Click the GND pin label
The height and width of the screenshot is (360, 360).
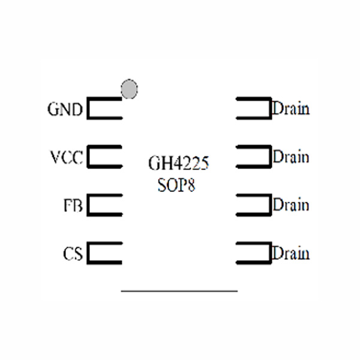pos(65,110)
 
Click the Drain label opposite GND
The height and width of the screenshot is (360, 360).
pos(291,109)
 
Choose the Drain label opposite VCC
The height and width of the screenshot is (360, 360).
pos(291,157)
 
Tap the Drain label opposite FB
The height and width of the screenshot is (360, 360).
pos(291,205)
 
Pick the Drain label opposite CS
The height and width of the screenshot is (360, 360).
pos(291,253)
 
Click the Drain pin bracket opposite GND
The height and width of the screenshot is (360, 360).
pos(253,109)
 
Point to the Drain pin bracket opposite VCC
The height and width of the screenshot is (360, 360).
pos(253,157)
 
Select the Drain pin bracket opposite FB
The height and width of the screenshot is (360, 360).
pos(253,205)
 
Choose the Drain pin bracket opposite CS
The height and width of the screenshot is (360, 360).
pos(253,253)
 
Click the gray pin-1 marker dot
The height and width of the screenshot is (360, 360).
pos(129,89)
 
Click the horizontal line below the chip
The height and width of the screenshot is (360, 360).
pos(179,291)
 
